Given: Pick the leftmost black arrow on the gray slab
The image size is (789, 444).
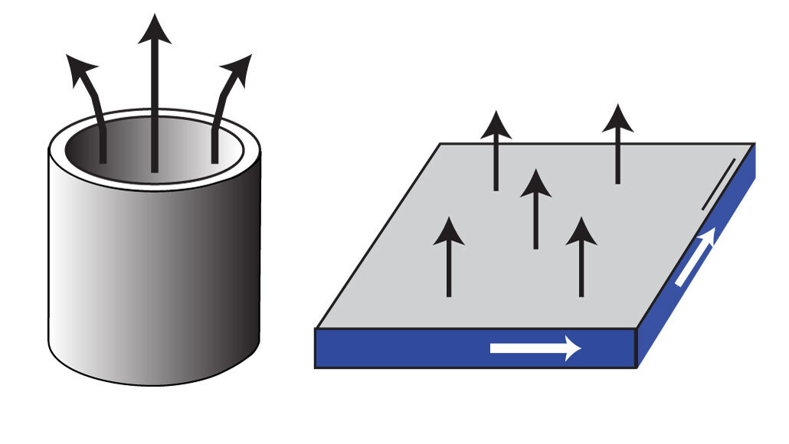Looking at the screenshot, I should point(449,256).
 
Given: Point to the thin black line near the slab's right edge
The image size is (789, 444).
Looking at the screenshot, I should point(720,184).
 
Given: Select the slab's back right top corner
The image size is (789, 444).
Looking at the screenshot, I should point(755,143).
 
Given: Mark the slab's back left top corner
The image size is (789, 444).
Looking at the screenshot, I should point(440,143).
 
